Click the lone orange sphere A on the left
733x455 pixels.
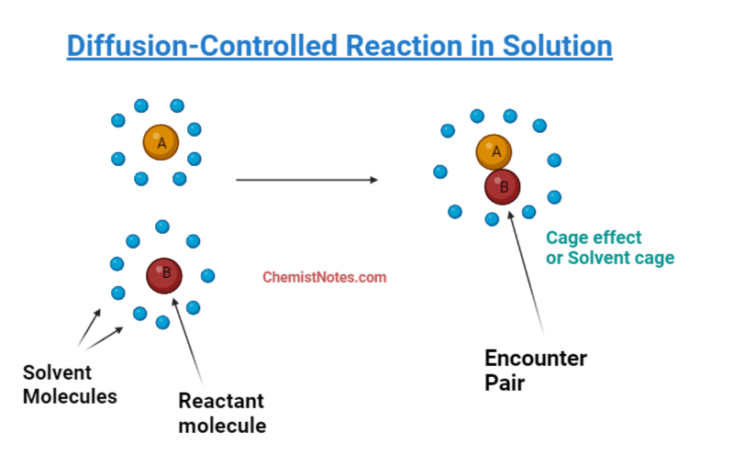(x=161, y=143)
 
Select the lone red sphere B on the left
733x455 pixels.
(x=165, y=274)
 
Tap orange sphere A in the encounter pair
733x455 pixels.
(x=494, y=151)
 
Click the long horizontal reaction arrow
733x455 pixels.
(x=307, y=180)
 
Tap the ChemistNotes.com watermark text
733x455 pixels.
(x=325, y=276)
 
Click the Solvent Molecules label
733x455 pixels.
(x=70, y=384)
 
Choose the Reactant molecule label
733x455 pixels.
(x=221, y=413)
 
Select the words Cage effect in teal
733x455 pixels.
(x=594, y=238)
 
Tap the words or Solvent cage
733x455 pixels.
(x=610, y=258)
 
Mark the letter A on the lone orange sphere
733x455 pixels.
(x=161, y=143)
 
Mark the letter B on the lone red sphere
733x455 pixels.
(x=166, y=272)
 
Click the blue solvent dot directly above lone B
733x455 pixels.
(x=162, y=227)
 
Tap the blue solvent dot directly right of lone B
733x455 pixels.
(x=207, y=275)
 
